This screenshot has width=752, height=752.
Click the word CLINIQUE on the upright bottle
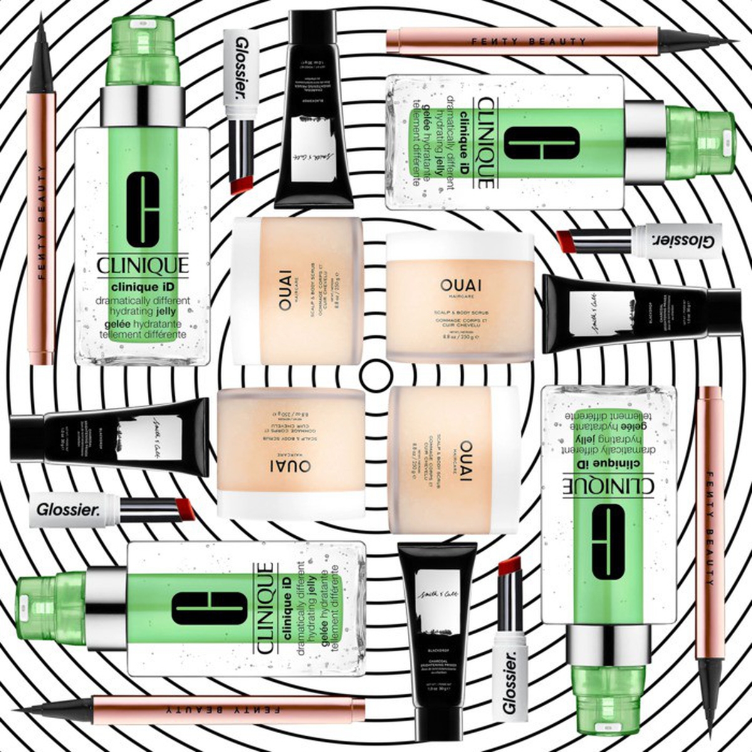(x=143, y=266)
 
